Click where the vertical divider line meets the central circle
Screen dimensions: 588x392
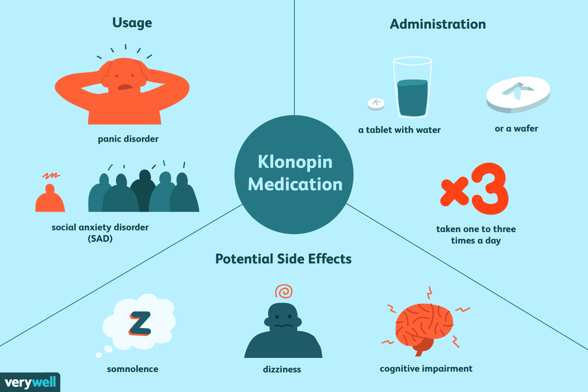tap(294, 115)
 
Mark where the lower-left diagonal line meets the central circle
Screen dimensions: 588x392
tap(242, 204)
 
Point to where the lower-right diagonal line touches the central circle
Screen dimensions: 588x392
tap(346, 203)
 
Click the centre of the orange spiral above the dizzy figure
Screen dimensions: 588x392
tap(284, 291)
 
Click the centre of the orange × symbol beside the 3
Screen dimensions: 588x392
tap(454, 191)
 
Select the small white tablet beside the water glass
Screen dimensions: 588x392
tap(376, 104)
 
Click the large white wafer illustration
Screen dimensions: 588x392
tap(518, 94)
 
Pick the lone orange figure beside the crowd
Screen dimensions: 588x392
tap(50, 198)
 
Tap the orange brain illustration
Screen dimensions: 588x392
tap(424, 328)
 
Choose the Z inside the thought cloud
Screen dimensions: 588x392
tap(140, 323)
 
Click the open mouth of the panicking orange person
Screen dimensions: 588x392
tap(125, 87)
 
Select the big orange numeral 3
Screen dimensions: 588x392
tap(490, 189)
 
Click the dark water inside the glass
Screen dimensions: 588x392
tap(412, 98)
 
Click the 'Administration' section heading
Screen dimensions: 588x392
tap(438, 24)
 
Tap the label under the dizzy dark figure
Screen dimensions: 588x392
tap(282, 369)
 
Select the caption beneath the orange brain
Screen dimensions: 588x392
tap(426, 369)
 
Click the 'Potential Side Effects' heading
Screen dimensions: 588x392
tap(283, 259)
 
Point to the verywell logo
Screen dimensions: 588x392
tap(30, 382)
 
